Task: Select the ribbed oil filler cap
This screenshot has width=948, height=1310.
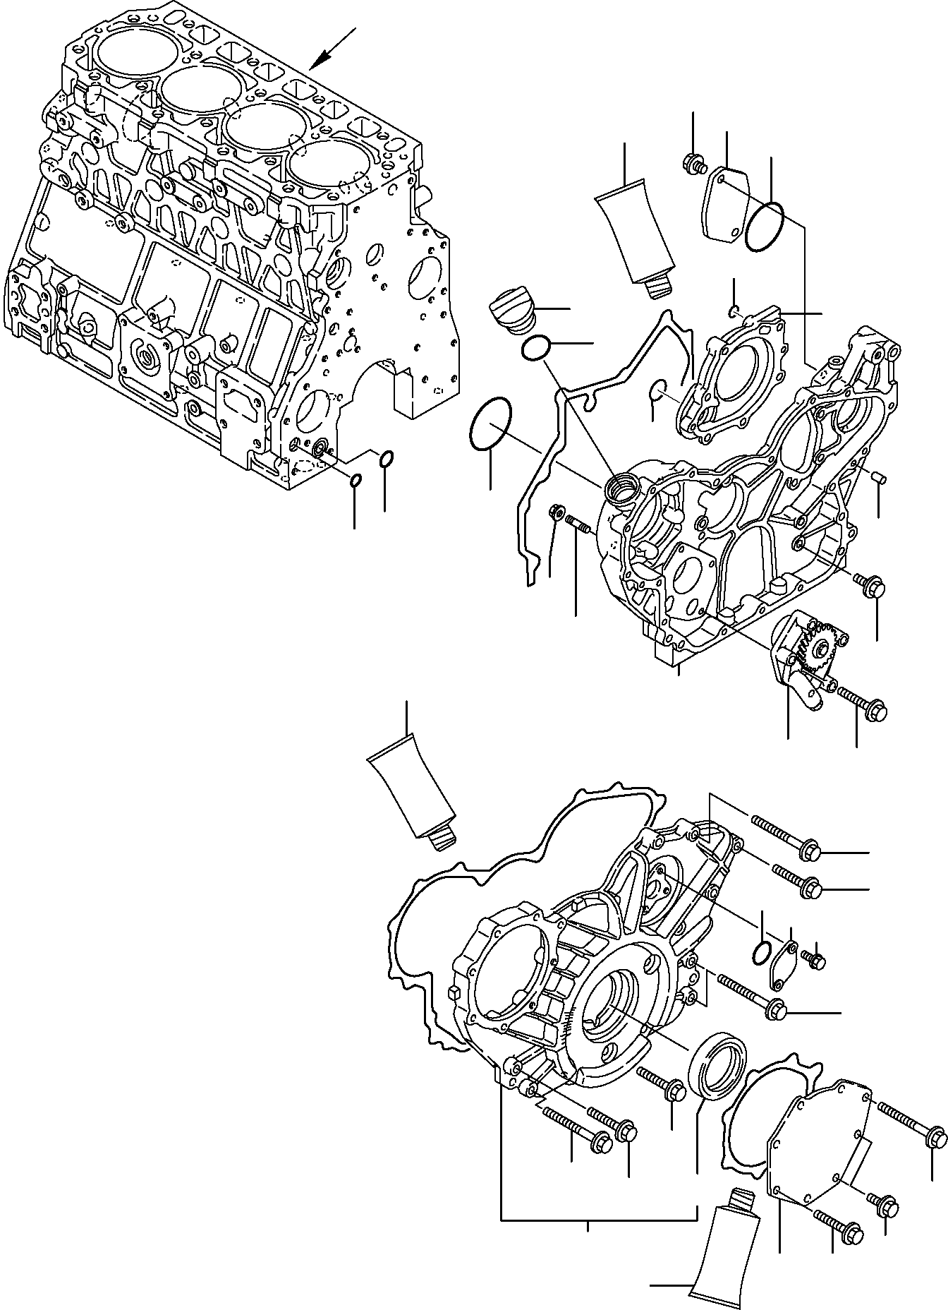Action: [513, 311]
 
